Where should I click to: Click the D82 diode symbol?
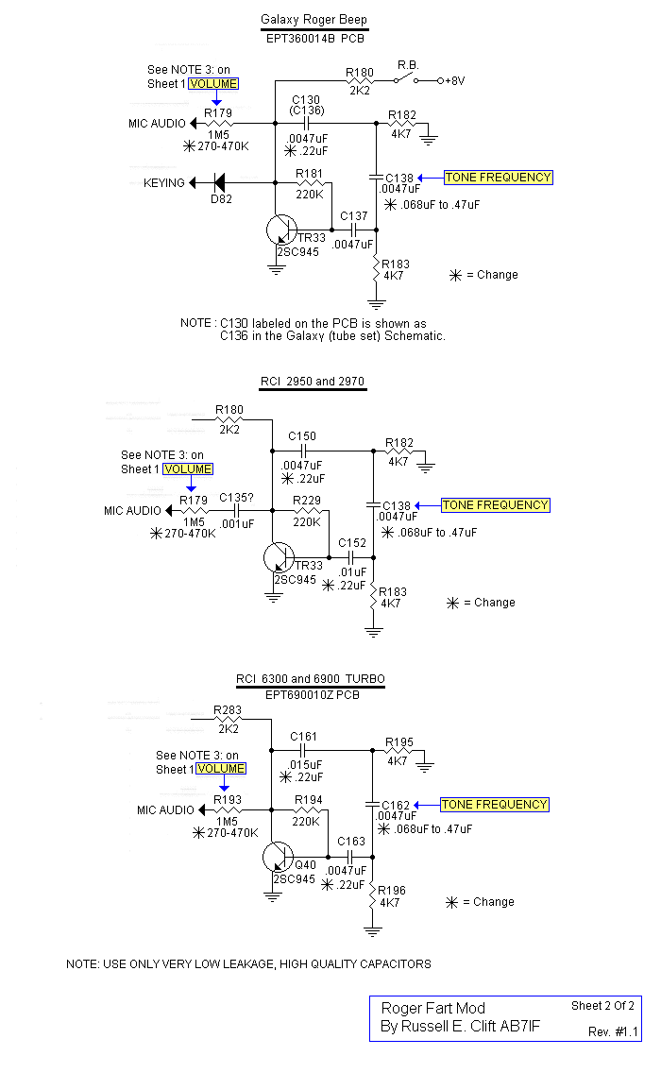click(x=219, y=182)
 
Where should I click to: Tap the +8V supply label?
click(x=455, y=80)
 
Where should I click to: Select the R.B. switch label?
click(x=408, y=65)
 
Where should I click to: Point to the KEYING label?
click(x=164, y=182)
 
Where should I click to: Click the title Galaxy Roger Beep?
click(x=314, y=20)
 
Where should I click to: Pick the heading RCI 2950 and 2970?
click(x=314, y=382)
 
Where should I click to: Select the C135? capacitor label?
click(x=236, y=498)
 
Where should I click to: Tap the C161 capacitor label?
click(x=304, y=736)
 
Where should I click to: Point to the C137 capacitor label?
click(x=354, y=215)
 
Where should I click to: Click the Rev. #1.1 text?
click(x=613, y=1031)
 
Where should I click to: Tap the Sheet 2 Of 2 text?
click(x=602, y=1005)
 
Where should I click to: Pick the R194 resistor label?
click(x=308, y=799)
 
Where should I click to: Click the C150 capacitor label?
click(x=304, y=436)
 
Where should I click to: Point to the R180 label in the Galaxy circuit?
click(x=360, y=72)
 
